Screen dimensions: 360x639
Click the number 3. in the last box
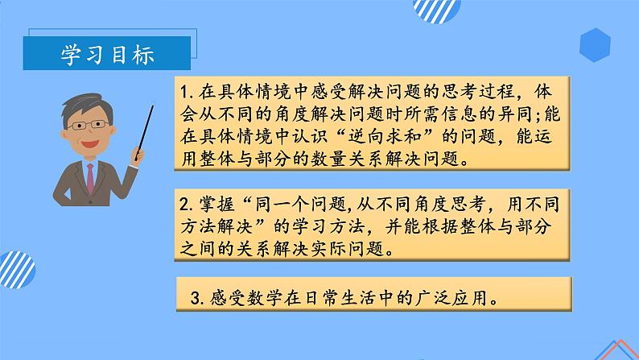tap(196, 297)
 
